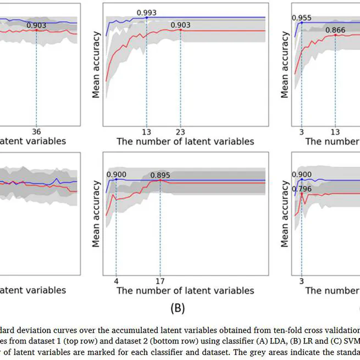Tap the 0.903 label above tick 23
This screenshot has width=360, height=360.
tap(181, 24)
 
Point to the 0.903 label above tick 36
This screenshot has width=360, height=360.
tap(36, 25)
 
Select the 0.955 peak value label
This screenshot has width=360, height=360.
tap(302, 18)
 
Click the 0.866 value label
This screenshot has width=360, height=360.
tap(335, 30)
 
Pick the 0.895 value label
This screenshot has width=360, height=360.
tap(160, 176)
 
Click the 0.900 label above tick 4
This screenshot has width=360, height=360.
tap(117, 174)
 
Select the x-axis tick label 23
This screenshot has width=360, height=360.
tap(180, 131)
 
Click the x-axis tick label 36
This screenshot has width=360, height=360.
tap(36, 131)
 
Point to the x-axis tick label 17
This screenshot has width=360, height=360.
tap(160, 280)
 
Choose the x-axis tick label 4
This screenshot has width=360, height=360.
tap(116, 280)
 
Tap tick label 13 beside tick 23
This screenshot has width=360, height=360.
tap(147, 131)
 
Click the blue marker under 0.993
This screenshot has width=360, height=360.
tap(147, 18)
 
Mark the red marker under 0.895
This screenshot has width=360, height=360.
tap(160, 180)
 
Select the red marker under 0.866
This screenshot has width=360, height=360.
tap(335, 35)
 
